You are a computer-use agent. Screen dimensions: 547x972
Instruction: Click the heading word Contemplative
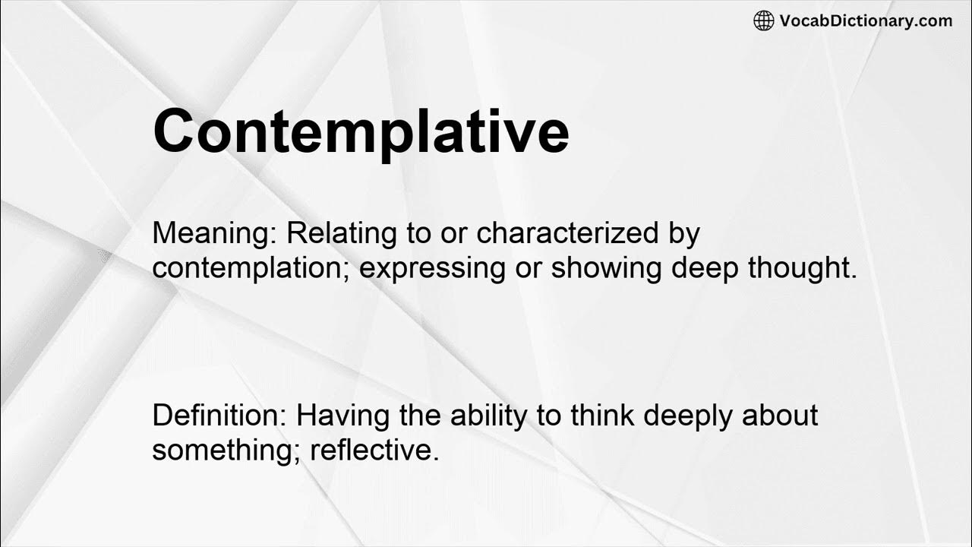361,131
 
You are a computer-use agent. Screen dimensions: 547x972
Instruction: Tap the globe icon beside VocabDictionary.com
763,21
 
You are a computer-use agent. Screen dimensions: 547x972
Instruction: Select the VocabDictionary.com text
866,21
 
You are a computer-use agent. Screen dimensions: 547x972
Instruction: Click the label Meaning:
215,234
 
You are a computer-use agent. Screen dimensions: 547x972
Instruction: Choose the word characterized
568,234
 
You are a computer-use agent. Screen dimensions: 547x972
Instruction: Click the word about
780,416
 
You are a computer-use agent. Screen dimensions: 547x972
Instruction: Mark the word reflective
375,450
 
